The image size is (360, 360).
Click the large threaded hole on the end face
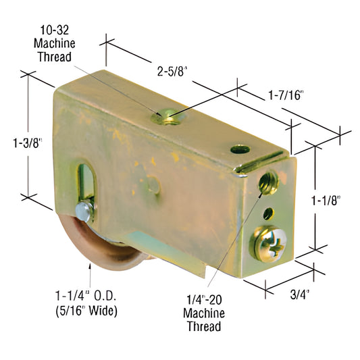(x=269, y=180)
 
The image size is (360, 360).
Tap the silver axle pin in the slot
(x=84, y=212)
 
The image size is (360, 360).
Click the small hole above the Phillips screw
(x=267, y=213)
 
